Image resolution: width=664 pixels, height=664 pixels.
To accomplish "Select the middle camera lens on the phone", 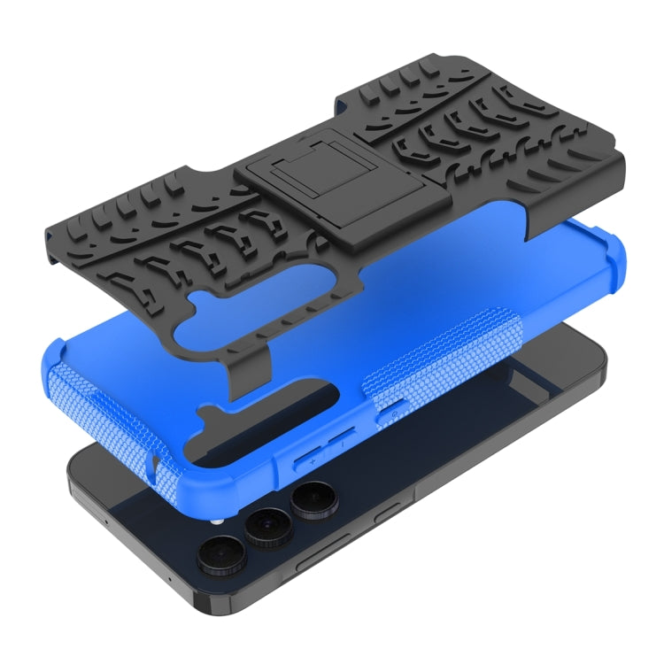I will click(x=264, y=529).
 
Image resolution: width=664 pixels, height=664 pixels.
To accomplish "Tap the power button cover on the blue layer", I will click(x=392, y=410).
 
